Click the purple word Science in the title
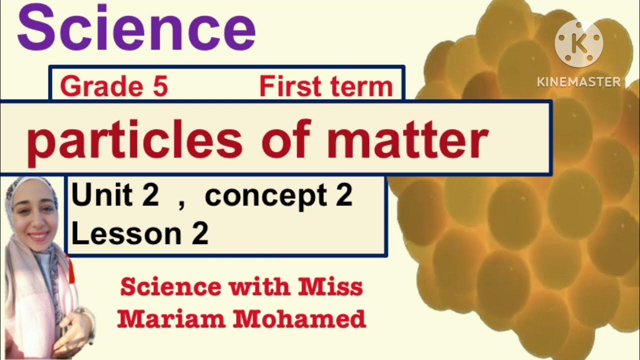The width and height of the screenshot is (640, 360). tap(136, 28)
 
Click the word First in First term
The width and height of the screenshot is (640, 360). tap(288, 87)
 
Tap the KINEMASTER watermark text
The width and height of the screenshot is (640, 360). tap(579, 82)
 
